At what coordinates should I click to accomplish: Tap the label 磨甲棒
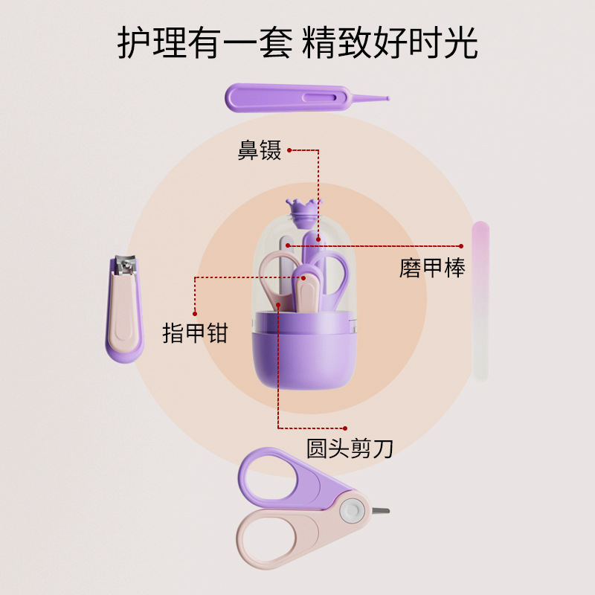coord(431,268)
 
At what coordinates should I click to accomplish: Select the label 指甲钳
coord(195,332)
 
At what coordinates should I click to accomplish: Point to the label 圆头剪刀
coord(350,448)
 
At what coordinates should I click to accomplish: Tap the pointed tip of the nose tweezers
coord(385,97)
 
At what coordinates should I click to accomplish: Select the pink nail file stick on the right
coord(481,301)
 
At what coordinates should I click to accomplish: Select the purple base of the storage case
coord(301,357)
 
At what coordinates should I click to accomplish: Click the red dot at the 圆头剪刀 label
coord(346,428)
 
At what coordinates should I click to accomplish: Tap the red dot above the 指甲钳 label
coord(195,313)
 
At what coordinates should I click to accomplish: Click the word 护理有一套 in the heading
coord(204,44)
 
